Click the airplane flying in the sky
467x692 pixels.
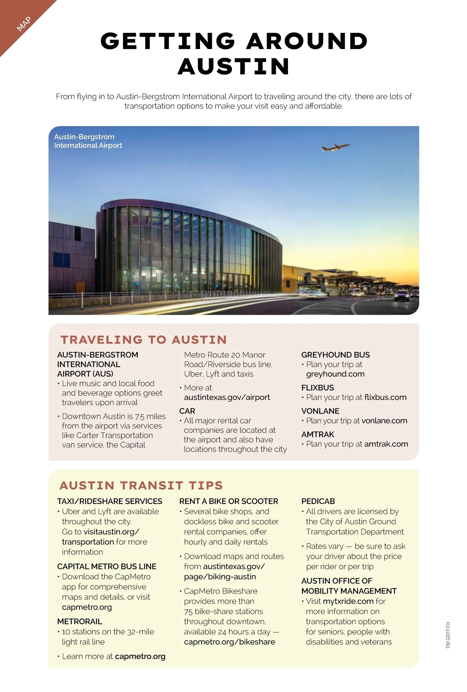[335, 147]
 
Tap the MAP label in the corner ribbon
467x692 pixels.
[24, 24]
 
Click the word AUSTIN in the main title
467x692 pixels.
[233, 67]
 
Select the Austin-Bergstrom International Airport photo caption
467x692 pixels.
[88, 141]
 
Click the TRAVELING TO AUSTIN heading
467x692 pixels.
[144, 340]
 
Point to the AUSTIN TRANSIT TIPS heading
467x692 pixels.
[141, 485]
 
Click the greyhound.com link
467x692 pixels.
[335, 374]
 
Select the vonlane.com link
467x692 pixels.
[384, 421]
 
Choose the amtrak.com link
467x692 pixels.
[386, 444]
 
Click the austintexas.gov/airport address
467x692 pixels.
[227, 397]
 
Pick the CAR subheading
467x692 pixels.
[187, 411]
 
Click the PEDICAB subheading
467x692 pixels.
[318, 501]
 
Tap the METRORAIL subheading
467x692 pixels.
[79, 622]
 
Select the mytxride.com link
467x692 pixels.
[348, 601]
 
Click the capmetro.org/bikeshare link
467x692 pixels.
[229, 642]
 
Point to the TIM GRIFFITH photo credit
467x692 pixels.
[448, 635]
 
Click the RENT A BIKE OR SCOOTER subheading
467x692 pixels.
[228, 501]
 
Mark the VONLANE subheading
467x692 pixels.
[320, 411]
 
